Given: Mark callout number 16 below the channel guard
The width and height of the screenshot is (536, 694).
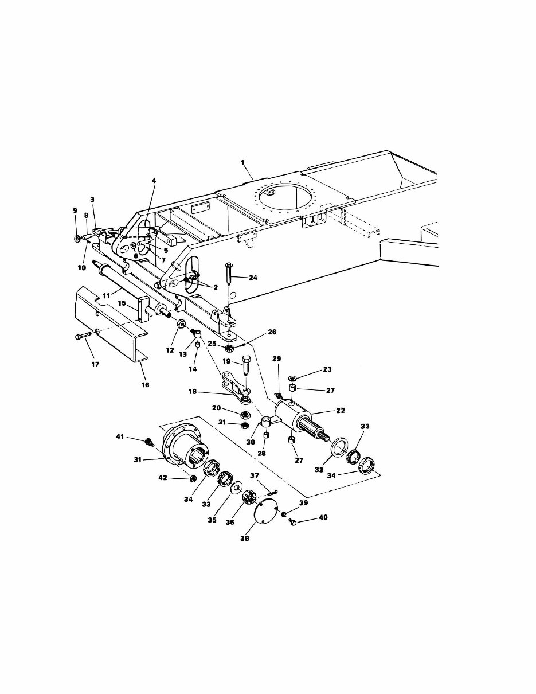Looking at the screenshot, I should [x=145, y=384].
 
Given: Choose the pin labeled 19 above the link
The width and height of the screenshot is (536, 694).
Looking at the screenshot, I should [x=244, y=365].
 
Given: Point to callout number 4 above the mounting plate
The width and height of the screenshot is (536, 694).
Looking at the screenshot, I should [x=154, y=180].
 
